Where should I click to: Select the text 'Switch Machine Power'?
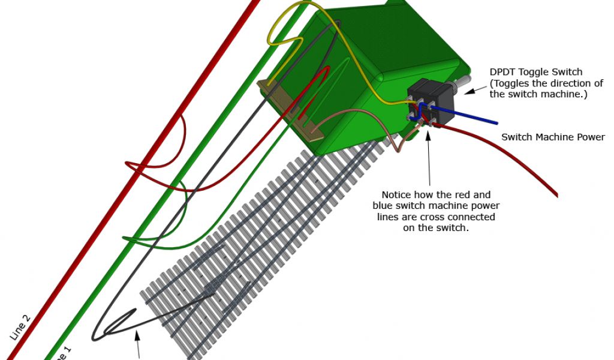[553, 137]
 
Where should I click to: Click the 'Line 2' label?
[20, 327]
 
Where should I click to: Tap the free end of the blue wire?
[495, 123]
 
